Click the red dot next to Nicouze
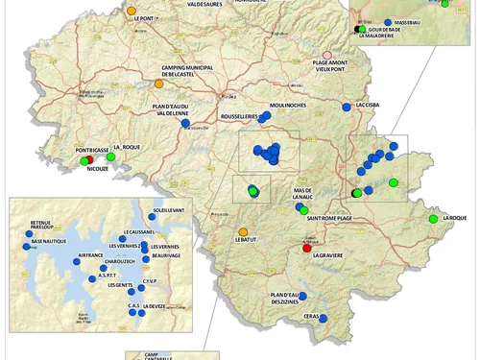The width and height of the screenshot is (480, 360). [x=85, y=161]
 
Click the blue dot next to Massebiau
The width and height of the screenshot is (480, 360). [x=387, y=21]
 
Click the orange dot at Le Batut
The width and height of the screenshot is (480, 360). [x=243, y=231]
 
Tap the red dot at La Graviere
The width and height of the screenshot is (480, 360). [x=307, y=248]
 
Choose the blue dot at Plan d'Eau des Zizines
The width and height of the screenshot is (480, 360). [x=303, y=296]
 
